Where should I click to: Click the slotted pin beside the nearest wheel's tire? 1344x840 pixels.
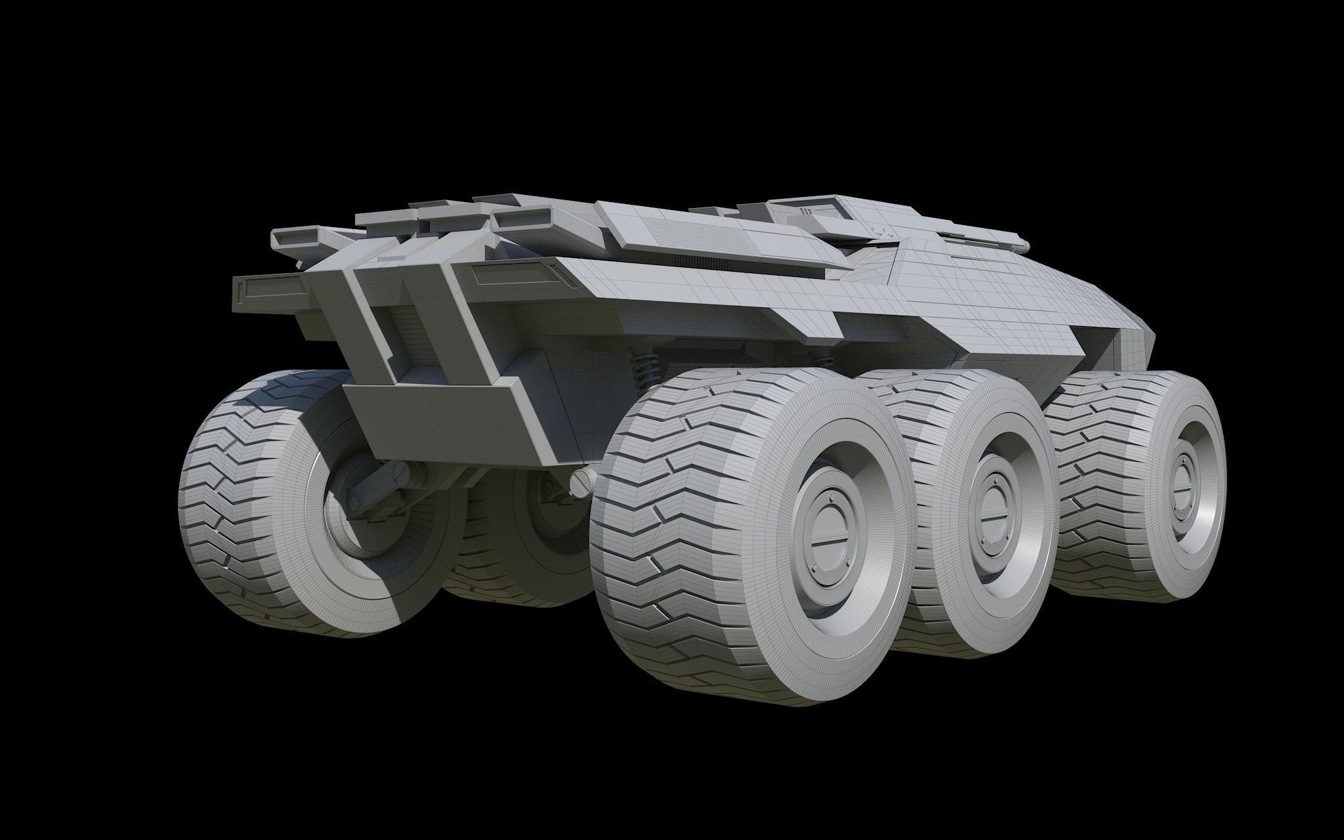tap(581, 484)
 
